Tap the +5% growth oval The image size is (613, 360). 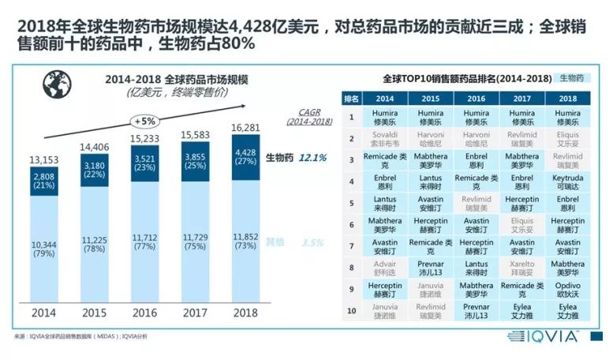[144, 122]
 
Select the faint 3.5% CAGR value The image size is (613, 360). [313, 243]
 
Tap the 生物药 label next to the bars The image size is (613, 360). [278, 158]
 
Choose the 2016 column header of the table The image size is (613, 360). [476, 99]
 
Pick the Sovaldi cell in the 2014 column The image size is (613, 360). [385, 140]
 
